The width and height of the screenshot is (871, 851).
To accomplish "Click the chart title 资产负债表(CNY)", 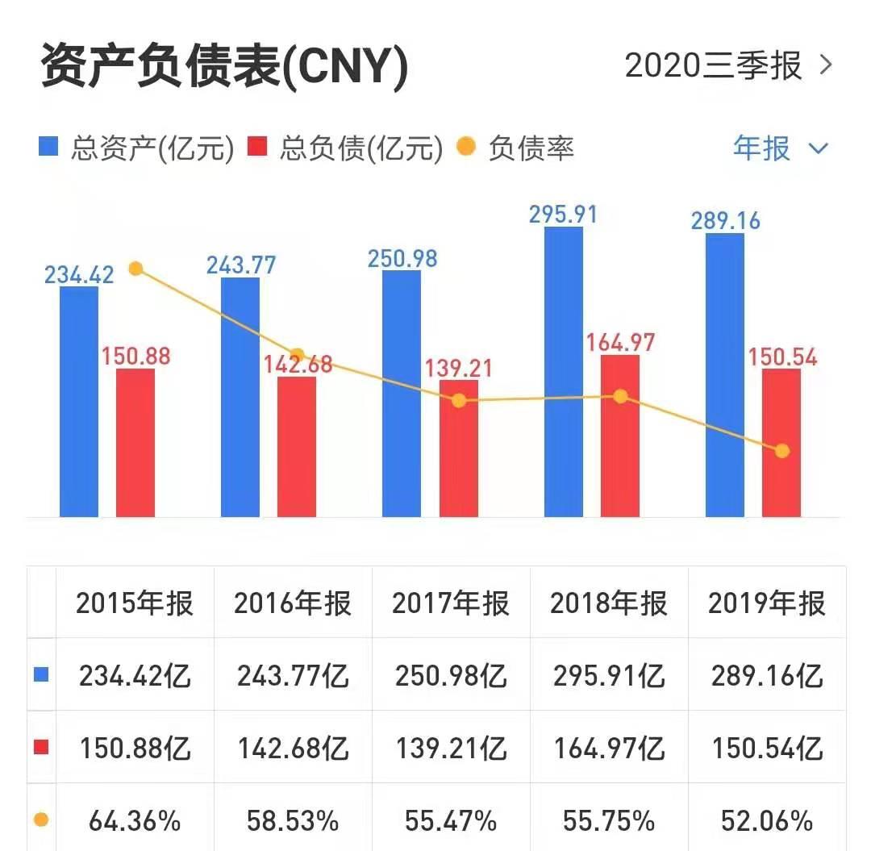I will point(224,66).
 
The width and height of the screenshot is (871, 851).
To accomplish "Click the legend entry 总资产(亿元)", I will point(137,149).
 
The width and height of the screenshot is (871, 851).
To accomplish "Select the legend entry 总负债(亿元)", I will point(346,149).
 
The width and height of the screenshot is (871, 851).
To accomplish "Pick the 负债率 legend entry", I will point(516,149).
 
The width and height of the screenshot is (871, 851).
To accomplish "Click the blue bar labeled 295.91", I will point(563,371).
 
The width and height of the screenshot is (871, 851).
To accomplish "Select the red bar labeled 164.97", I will point(619,436).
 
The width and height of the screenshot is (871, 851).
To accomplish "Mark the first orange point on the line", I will point(135,269).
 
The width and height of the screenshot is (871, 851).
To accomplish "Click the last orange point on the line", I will point(781,451).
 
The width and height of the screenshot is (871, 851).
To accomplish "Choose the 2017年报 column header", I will point(451,603).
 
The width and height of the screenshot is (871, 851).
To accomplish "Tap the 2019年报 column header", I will point(767,603).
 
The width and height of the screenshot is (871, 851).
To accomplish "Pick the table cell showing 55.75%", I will point(609,821).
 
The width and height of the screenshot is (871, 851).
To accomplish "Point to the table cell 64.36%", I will point(135,821).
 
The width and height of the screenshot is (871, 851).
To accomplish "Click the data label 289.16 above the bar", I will point(724,220).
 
